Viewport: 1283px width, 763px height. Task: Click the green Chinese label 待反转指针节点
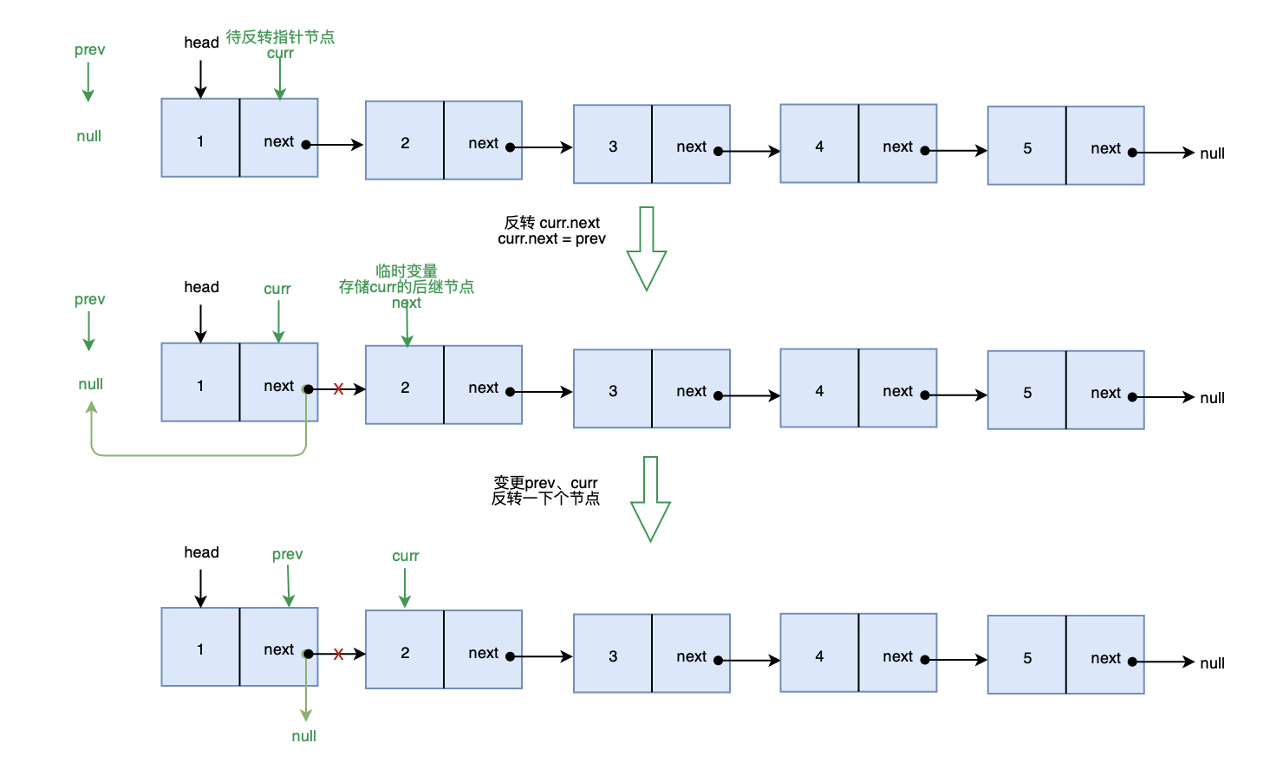point(280,37)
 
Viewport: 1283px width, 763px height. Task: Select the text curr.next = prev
point(551,238)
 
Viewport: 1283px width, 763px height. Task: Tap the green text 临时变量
point(407,271)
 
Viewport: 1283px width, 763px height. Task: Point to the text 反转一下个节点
point(545,499)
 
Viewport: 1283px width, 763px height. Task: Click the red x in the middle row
point(338,389)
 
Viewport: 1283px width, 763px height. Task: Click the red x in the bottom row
point(338,654)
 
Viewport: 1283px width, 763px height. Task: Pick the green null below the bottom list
point(303,736)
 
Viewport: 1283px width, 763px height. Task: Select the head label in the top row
point(201,42)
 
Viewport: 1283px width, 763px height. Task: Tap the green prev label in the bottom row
point(287,555)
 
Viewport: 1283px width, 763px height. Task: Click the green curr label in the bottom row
point(406,556)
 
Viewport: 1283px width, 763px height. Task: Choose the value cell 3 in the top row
point(613,144)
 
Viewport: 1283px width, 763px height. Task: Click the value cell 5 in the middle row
point(1027,390)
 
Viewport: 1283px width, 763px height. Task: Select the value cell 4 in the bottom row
point(819,653)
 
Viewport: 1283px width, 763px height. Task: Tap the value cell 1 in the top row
point(200,138)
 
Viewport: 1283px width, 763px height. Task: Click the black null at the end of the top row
point(1212,153)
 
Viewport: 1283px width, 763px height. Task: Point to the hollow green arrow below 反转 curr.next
point(646,249)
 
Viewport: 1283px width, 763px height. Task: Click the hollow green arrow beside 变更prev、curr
point(650,499)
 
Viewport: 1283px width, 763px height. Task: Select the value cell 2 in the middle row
point(405,385)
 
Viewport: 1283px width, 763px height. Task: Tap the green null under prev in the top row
point(88,136)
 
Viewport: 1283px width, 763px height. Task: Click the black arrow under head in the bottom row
point(200,588)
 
